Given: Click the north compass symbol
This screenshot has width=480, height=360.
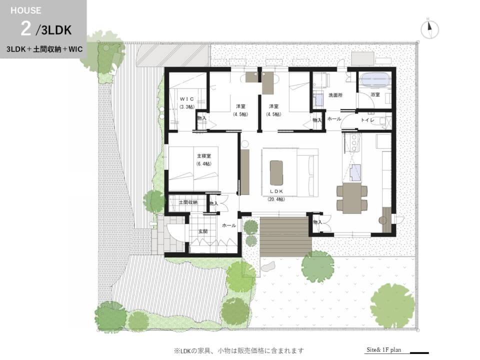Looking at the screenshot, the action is coord(429,29).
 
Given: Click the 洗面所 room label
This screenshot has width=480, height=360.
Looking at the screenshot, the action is coord(335,95).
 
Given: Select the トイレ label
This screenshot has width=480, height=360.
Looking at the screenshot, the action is coord(367,120).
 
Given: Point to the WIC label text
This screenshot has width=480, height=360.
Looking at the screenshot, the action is coord(186,99).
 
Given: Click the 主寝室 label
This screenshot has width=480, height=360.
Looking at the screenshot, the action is coord(204,156).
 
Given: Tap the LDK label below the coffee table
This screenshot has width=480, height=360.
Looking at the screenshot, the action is coord(276,191).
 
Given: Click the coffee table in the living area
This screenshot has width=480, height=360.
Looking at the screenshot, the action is coord(276,172).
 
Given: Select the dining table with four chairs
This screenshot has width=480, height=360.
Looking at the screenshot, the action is coord(352,198).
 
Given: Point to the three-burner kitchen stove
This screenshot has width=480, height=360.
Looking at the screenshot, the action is coord(354,142).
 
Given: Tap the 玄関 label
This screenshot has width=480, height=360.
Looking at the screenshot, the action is coord(202,231).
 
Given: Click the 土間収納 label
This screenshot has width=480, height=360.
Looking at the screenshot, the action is coord(188,202).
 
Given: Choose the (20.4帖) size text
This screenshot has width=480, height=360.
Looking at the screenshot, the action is coord(276,199).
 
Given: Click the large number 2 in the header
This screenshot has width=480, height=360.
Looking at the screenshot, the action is coord(26,29).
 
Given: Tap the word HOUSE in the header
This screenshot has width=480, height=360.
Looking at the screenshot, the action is coord(25,10).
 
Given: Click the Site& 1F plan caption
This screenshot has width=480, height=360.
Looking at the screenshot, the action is coord(384,350).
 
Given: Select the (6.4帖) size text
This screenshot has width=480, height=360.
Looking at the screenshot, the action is coord(204,164).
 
